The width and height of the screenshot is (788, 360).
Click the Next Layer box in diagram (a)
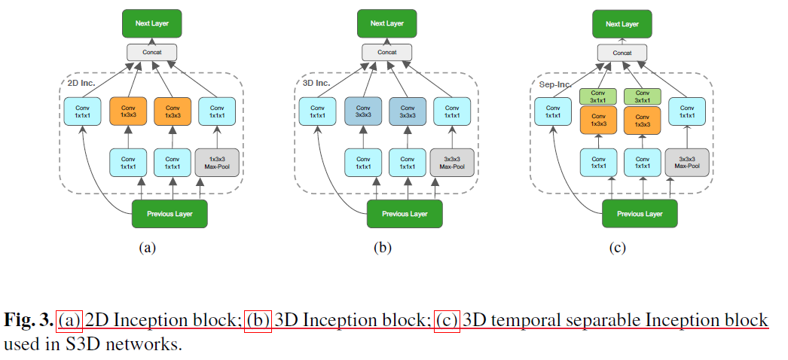(x=154, y=23)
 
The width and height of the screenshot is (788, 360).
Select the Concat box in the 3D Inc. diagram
(x=386, y=52)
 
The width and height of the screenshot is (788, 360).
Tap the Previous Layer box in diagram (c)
(x=640, y=214)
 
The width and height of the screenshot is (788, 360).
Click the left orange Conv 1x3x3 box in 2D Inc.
(x=129, y=111)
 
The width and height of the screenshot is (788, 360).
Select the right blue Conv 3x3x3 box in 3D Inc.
(x=408, y=111)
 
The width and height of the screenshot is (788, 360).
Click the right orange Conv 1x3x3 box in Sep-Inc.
(x=643, y=120)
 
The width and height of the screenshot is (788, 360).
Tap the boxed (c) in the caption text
(x=447, y=321)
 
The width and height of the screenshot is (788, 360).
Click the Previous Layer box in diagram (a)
(x=170, y=214)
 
